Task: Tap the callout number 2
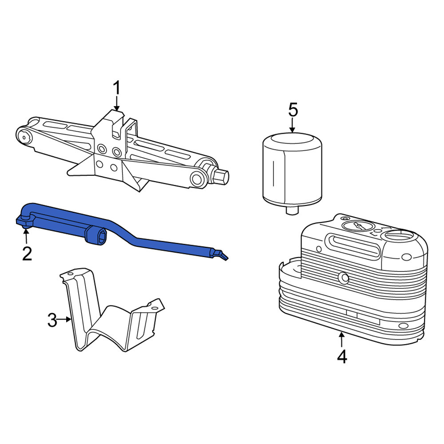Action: pos(27,254)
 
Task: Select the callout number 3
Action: pos(52,320)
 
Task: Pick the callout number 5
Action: pos(293,110)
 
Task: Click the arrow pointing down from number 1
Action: pos(117,103)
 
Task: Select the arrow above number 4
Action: pos(342,340)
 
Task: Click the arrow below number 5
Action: pos(293,126)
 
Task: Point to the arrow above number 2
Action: pos(26,236)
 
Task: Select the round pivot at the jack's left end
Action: pos(24,138)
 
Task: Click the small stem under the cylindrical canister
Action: pos(292,210)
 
